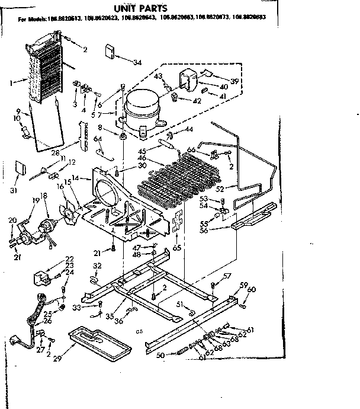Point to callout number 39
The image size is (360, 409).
[x=236, y=81]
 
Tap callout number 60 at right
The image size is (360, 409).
[x=251, y=290]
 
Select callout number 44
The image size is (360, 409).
[x=189, y=129]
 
